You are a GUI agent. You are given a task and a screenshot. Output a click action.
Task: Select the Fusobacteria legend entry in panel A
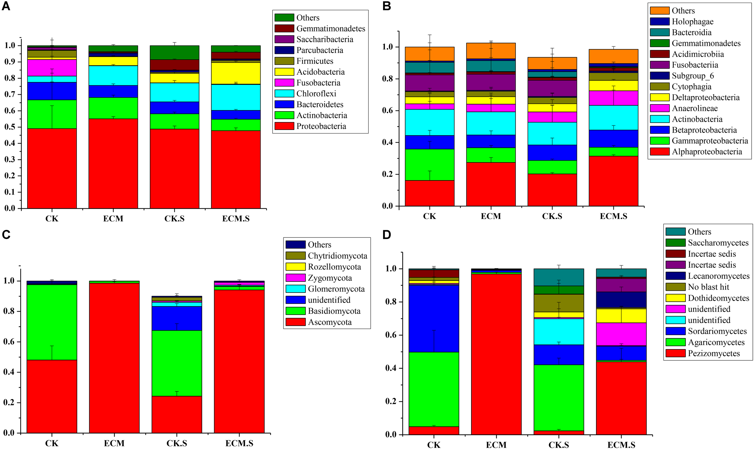point(318,83)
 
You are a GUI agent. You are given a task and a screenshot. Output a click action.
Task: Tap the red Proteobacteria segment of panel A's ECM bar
point(113,163)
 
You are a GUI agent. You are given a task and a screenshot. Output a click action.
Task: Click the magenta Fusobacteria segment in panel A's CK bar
point(52,68)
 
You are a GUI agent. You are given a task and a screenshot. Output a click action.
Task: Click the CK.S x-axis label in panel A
point(174,218)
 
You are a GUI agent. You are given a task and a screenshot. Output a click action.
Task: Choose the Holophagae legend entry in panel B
point(692,21)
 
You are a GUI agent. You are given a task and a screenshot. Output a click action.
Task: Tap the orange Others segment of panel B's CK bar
point(429,54)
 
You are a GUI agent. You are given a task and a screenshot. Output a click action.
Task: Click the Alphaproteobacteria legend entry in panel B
point(706,152)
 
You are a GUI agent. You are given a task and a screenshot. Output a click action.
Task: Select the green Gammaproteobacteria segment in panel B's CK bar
point(429,165)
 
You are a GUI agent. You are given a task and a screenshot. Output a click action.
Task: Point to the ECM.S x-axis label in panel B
point(613,216)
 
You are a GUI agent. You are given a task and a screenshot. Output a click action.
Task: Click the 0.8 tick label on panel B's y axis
point(388,79)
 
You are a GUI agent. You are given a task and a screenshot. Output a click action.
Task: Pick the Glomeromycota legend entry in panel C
point(336,289)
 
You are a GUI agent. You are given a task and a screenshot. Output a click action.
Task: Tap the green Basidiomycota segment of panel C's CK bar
point(52,322)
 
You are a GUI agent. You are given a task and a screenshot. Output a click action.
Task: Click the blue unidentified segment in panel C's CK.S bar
point(177,318)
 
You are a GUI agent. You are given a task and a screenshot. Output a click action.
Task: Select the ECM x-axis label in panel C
point(114,443)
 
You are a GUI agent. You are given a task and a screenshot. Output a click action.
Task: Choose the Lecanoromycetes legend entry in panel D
point(718,276)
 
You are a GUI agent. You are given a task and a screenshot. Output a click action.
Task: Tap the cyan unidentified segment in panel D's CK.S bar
point(558,331)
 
